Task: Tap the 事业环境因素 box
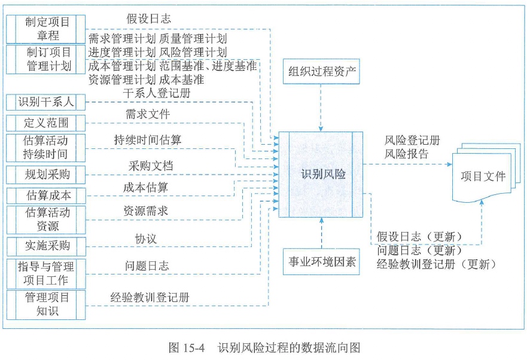322,261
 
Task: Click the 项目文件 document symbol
483,176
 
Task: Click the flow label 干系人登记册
158,93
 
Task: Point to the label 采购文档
151,166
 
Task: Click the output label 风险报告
407,154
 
